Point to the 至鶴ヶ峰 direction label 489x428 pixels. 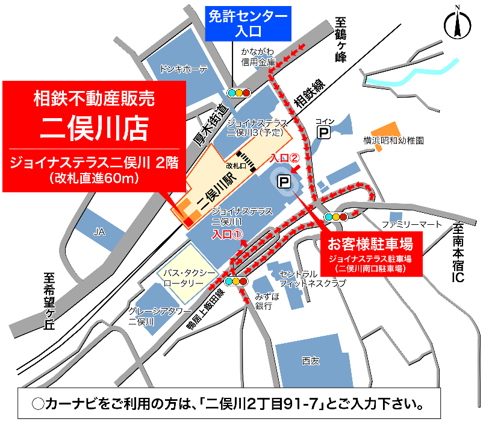[341, 43]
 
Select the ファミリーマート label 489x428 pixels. [412, 224]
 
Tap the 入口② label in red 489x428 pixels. [285, 158]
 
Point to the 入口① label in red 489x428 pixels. [226, 234]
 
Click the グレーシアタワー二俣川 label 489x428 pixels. [150, 316]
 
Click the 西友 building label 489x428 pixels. [310, 360]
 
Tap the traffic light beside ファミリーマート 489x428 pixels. [336, 216]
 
